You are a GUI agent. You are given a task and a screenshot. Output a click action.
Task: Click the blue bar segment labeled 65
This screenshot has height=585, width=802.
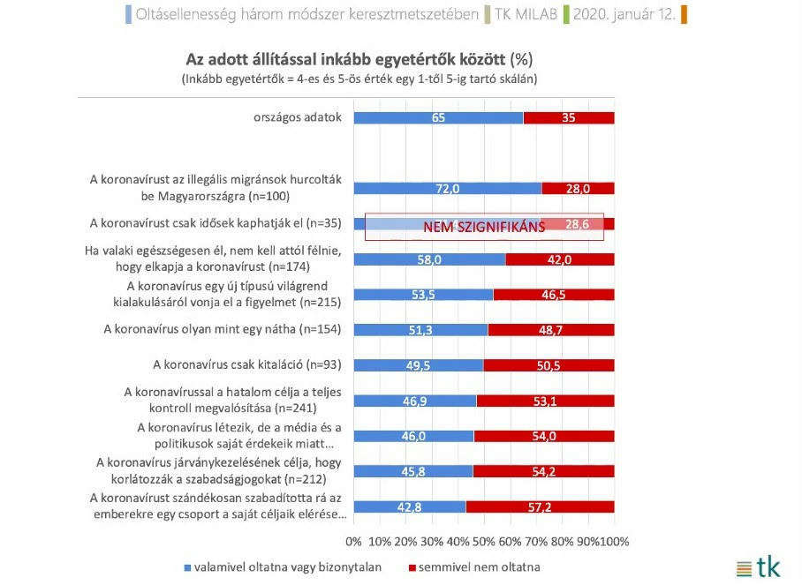pos(437,117)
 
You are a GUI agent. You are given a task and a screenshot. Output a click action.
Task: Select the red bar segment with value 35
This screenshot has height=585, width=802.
pos(568,117)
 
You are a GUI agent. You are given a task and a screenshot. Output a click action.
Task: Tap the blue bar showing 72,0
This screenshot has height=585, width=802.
pos(447,188)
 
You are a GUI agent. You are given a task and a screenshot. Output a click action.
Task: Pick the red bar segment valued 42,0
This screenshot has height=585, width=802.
pos(560,259)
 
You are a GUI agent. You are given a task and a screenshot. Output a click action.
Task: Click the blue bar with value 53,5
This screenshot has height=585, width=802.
pos(422,295)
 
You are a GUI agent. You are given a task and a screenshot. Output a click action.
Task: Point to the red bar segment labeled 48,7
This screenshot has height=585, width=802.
pos(550,330)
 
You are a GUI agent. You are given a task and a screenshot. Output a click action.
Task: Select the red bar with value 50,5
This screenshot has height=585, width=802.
pos(549,364)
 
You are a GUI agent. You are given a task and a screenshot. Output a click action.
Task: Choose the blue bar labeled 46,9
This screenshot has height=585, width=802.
pos(414,400)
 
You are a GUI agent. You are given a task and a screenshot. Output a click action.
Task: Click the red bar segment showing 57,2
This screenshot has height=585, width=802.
pos(540,506)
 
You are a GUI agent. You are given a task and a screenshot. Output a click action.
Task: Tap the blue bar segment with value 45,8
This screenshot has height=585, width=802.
pos(412,470)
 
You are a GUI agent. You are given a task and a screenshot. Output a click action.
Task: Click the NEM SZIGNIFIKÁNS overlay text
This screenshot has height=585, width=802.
pos(484,226)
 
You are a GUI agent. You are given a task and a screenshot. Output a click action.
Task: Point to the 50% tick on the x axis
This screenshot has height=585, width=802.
pos(484,540)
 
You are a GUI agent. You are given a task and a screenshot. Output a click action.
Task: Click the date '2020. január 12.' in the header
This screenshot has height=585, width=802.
pos(627,14)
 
